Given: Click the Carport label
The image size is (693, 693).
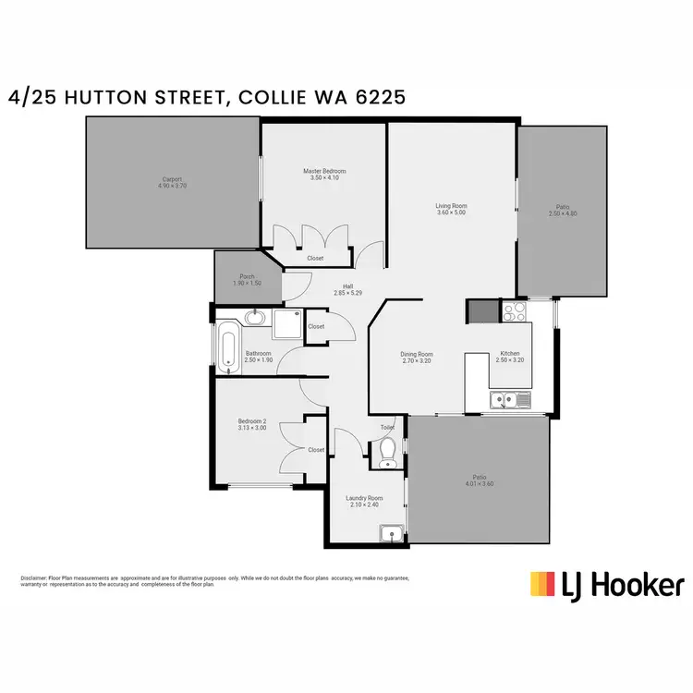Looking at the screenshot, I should tap(172, 179).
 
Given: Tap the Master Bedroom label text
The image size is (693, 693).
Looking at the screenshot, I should tap(324, 172).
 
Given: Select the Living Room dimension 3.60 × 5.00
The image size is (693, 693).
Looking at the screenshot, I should tap(451, 213).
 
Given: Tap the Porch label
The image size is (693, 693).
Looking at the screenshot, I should tap(247, 276).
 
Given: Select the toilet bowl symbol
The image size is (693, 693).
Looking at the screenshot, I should tap(388, 450).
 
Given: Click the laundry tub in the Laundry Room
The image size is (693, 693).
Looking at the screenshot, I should tap(391, 533).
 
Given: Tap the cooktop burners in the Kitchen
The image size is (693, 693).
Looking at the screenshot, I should tap(514, 312).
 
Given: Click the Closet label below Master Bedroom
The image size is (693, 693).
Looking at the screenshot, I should tap(315, 258).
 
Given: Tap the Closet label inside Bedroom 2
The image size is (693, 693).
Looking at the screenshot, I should tap(315, 450).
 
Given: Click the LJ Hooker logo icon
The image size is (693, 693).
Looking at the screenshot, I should tap(543, 584).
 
